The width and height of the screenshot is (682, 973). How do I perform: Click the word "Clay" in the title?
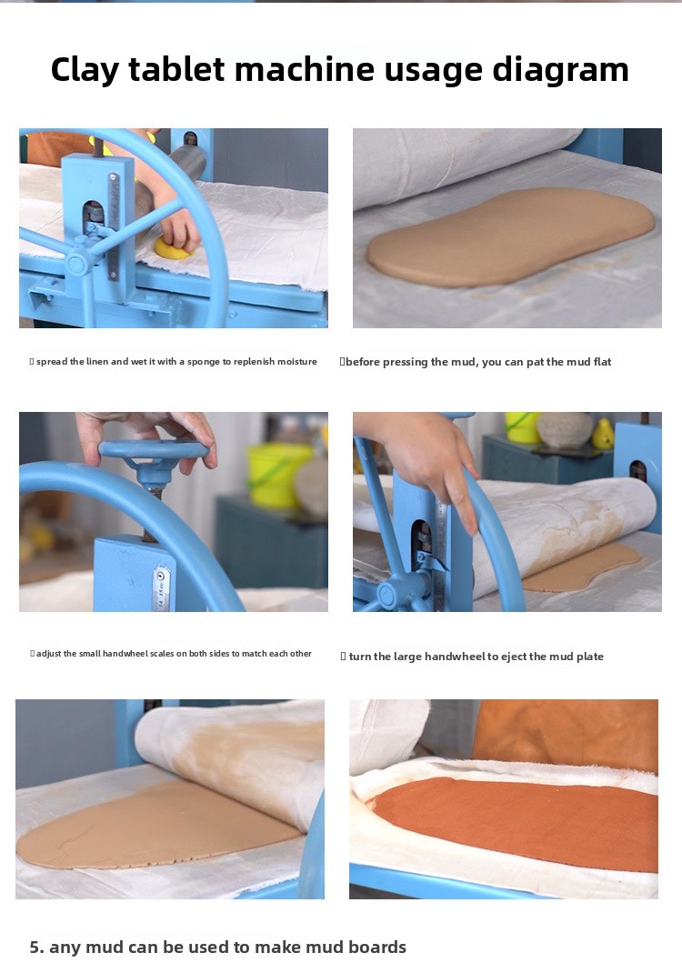click(x=84, y=70)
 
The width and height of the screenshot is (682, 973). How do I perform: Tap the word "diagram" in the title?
click(x=560, y=70)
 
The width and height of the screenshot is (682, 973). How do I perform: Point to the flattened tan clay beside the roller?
click(x=510, y=236)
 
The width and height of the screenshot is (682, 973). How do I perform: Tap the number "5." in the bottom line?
click(x=36, y=947)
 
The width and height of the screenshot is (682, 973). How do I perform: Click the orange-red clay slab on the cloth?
click(x=515, y=821)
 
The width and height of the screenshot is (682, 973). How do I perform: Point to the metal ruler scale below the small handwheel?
click(x=160, y=587)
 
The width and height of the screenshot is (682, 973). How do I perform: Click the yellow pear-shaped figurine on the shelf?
click(x=603, y=435)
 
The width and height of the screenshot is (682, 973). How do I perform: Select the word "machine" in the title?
click(x=305, y=68)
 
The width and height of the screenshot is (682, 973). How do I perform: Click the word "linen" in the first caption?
click(x=97, y=362)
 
